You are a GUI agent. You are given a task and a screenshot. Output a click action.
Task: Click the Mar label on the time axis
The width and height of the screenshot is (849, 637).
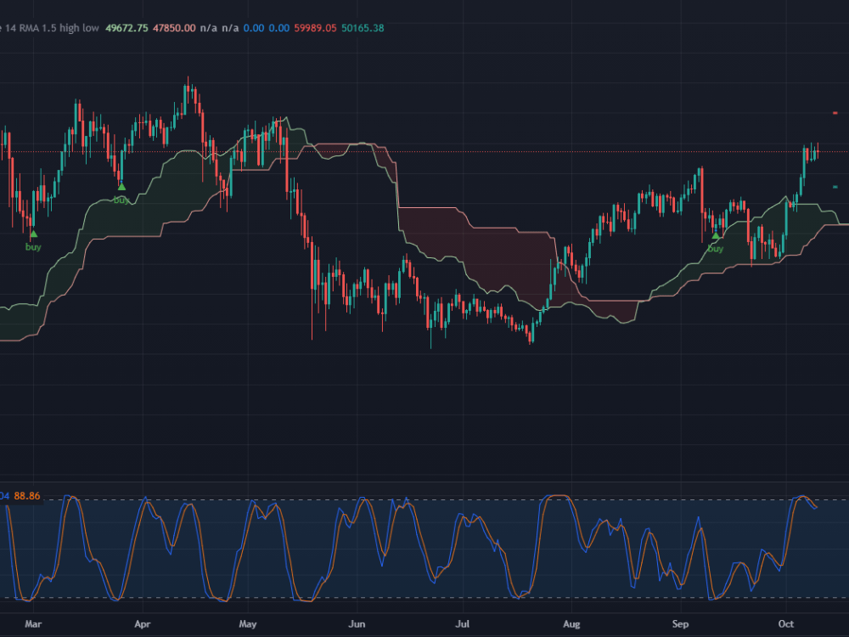click(33, 623)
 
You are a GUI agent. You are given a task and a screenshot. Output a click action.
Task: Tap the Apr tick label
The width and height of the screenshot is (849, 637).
click(142, 623)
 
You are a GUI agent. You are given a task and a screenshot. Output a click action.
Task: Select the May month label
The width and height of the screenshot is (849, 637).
click(247, 623)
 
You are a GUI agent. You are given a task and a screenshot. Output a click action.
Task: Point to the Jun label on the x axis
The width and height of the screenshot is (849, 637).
click(357, 623)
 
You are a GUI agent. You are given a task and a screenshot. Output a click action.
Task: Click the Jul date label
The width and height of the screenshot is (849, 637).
click(463, 623)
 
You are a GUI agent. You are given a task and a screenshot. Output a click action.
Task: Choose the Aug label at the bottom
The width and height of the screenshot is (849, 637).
click(571, 623)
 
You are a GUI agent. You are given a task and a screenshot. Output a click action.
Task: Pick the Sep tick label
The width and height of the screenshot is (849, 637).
click(680, 623)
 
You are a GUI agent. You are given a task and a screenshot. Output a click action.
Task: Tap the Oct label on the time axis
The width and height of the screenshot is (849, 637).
click(786, 623)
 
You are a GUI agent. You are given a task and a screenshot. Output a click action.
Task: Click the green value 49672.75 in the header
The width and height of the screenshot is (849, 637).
click(127, 28)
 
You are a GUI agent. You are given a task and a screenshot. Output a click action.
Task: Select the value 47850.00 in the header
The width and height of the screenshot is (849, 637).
click(174, 28)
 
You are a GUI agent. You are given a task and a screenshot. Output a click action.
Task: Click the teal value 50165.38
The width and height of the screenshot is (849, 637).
click(363, 28)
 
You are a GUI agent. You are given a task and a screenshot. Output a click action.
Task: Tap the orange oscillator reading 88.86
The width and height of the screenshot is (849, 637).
click(27, 495)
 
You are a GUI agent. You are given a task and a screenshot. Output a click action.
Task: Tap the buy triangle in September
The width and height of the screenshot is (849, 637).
click(716, 235)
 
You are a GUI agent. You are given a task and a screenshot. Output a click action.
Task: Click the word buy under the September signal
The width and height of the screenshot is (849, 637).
click(716, 249)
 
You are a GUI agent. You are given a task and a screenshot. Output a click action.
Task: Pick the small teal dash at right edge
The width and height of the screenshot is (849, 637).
click(835, 187)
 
